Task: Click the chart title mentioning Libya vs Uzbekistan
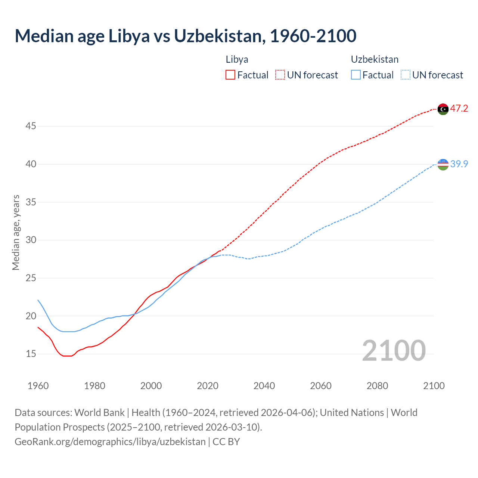point(186,36)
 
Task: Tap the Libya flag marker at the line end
point(443,109)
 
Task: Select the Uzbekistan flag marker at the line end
point(443,164)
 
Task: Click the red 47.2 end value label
point(459,109)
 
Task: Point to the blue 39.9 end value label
point(459,164)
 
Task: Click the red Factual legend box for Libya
point(230,75)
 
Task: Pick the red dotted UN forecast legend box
point(280,75)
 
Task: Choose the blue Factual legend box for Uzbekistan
point(356,75)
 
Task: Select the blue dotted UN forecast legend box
point(406,75)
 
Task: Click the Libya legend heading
point(237,59)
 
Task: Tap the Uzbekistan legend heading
point(375,59)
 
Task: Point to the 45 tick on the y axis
point(31,126)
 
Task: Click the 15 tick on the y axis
point(31,354)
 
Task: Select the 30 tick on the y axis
point(31,240)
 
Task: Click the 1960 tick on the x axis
point(38,386)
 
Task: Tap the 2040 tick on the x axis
point(264,386)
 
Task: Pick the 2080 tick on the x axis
point(377,386)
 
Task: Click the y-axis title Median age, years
point(16,232)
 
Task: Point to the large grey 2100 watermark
point(394,350)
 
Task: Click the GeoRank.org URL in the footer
point(110,442)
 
